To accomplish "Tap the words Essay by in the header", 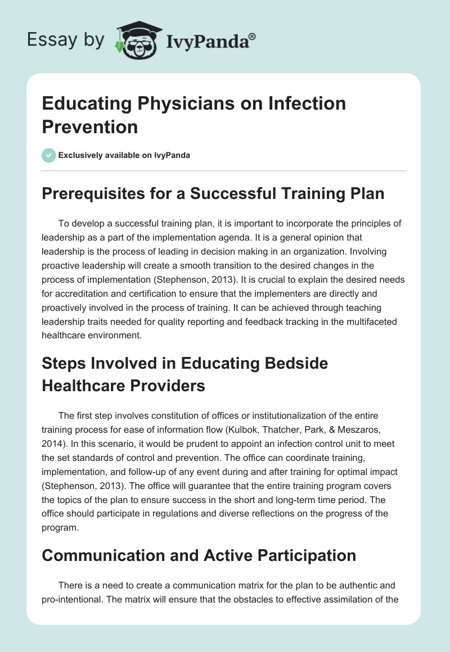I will [66, 39].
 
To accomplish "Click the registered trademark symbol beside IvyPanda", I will [253, 36].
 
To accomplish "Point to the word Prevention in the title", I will [90, 126].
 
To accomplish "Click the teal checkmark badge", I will [48, 155].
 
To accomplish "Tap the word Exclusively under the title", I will [82, 156].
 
